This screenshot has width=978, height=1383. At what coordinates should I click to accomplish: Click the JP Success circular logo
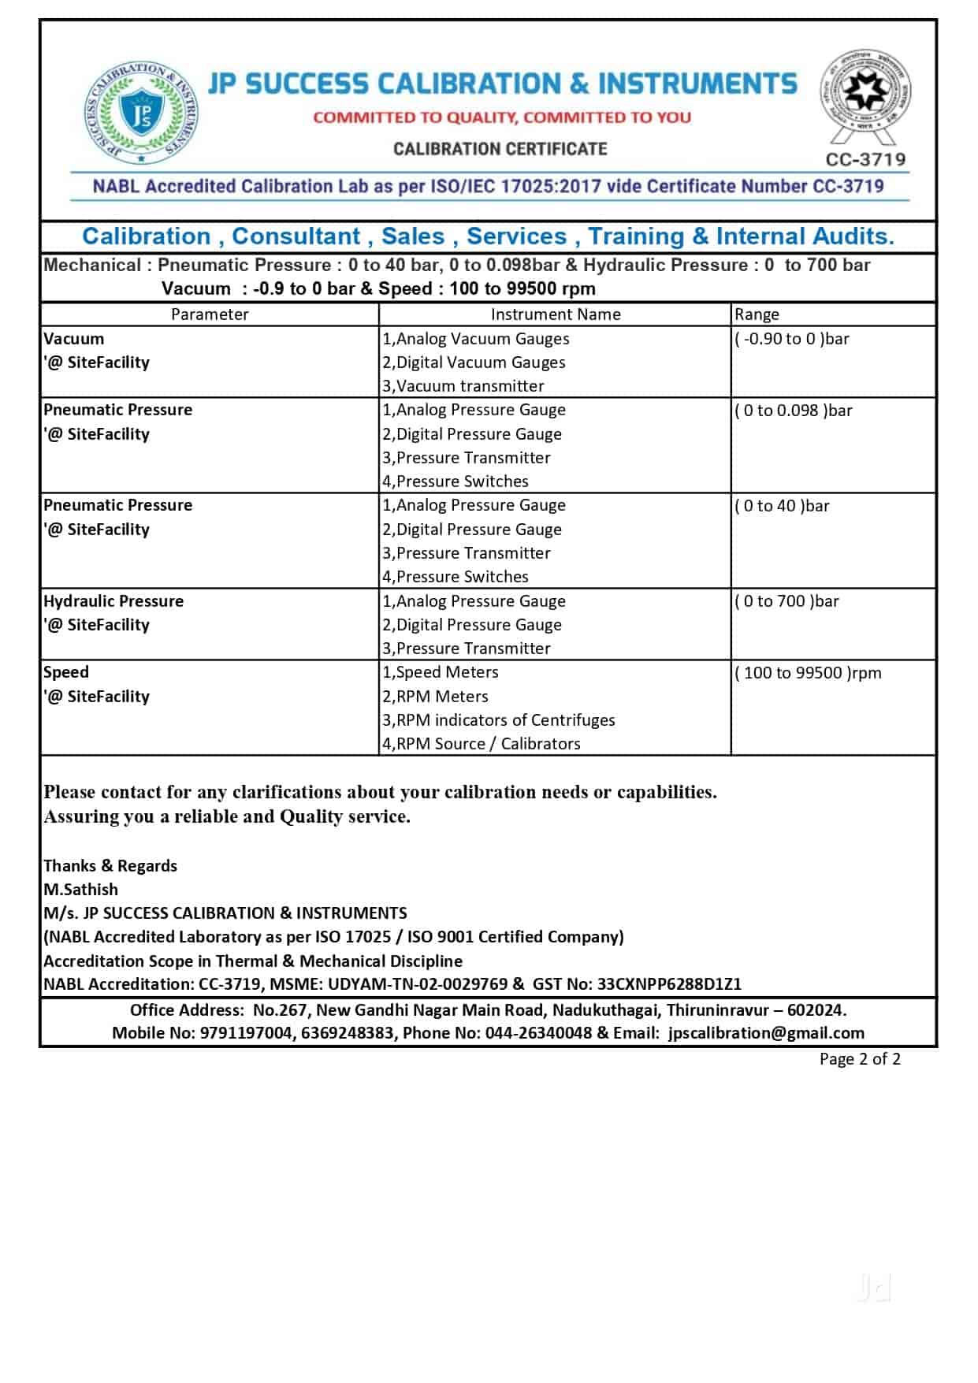[x=142, y=114]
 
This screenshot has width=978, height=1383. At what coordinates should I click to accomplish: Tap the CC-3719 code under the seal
[x=865, y=160]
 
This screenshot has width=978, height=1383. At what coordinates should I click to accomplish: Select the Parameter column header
[x=210, y=314]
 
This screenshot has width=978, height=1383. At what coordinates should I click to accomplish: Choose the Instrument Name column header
[x=556, y=314]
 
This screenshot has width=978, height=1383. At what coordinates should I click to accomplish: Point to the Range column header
[x=757, y=314]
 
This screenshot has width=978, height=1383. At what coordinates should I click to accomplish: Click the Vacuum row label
[x=74, y=339]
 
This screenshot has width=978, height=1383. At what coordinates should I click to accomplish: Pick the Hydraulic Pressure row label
[x=113, y=601]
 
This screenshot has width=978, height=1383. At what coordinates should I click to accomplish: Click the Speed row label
[x=66, y=672]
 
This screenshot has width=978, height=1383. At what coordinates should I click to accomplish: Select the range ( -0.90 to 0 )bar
[x=792, y=339]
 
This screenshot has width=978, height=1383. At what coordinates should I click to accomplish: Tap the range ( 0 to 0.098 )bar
[x=794, y=411]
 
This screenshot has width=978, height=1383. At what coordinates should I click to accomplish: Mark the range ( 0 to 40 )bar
[x=782, y=506]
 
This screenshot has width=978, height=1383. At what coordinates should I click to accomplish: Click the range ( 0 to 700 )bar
[x=786, y=601]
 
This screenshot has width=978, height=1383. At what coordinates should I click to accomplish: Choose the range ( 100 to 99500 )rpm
[x=808, y=673]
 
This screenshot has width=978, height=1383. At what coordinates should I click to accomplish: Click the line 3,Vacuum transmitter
[x=463, y=386]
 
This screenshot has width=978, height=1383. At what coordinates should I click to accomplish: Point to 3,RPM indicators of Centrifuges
[x=499, y=720]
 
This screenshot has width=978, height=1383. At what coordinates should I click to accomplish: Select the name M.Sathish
[x=80, y=890]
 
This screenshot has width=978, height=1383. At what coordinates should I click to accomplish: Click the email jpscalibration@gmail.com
[x=766, y=1033]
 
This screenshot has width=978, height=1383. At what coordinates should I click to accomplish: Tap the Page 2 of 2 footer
[x=860, y=1059]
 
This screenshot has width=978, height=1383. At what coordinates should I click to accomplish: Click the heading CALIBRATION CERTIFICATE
[x=500, y=149]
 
